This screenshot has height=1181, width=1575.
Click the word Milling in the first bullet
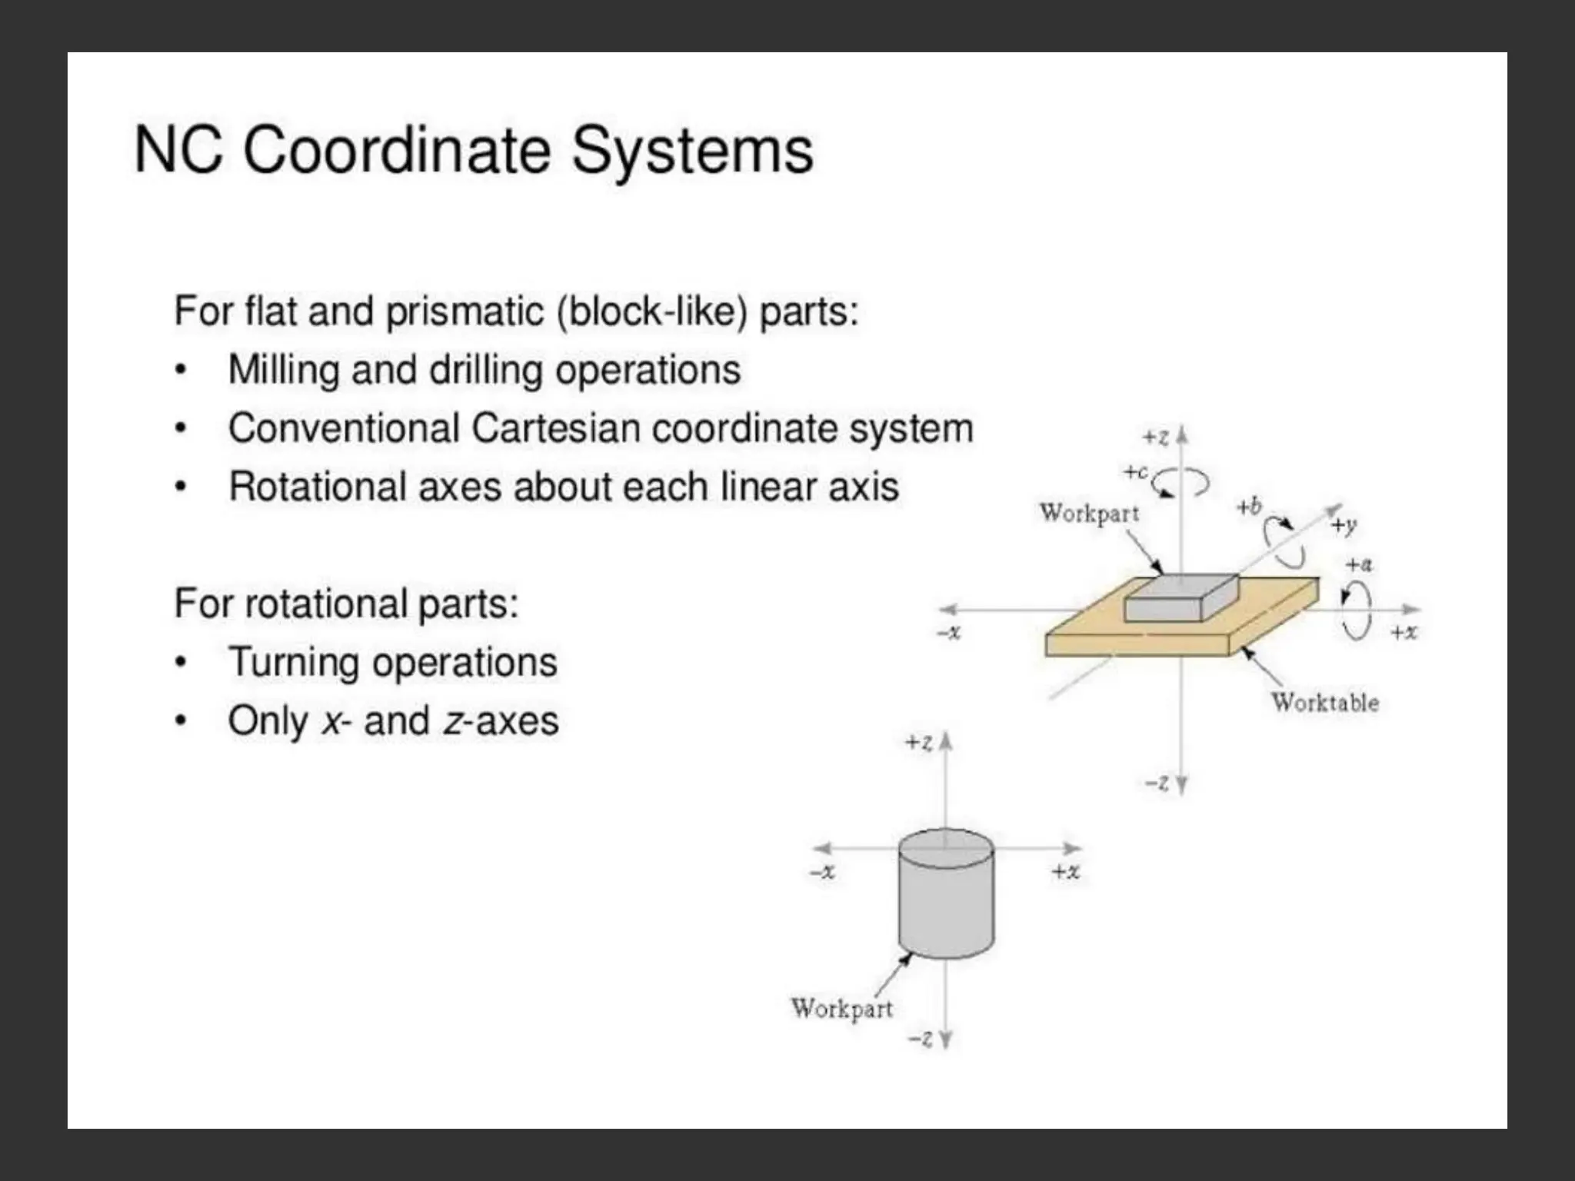(x=284, y=370)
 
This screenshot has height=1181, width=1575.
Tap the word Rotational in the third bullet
(x=318, y=487)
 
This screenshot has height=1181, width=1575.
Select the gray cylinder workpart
(x=946, y=896)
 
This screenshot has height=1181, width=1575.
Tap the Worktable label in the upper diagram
(x=1324, y=703)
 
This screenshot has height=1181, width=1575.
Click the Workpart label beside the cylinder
(x=842, y=1008)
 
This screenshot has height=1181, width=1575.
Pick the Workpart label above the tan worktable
(x=1089, y=513)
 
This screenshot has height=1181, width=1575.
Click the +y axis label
(x=1344, y=525)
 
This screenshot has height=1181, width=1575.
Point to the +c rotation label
(x=1135, y=471)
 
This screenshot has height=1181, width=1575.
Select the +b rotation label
(x=1249, y=507)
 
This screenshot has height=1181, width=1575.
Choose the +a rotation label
(x=1359, y=564)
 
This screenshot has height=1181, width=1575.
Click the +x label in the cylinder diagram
(x=1066, y=871)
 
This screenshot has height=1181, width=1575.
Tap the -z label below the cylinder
(x=921, y=1040)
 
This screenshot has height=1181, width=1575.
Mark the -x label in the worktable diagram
(x=949, y=632)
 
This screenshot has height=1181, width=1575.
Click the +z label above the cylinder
(x=919, y=743)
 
